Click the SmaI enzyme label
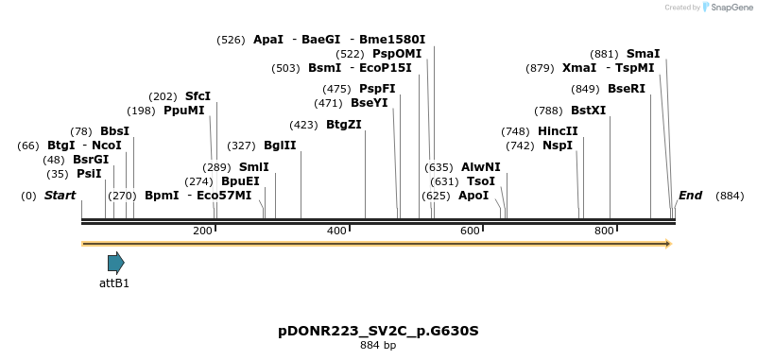(x=643, y=54)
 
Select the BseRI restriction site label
(x=626, y=89)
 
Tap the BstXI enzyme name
(x=588, y=111)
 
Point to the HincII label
(x=558, y=131)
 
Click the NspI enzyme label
(x=558, y=146)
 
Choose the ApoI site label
(x=473, y=196)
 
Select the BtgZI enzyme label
(x=343, y=125)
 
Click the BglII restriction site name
(x=280, y=146)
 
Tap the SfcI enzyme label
(x=198, y=96)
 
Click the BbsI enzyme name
(x=114, y=131)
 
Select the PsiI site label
(x=89, y=174)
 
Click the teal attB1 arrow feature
(x=115, y=263)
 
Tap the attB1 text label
(x=114, y=283)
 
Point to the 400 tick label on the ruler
(x=336, y=231)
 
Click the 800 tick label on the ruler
(x=604, y=231)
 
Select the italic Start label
(x=60, y=196)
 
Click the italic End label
(x=690, y=196)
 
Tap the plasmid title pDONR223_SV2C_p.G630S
(x=378, y=331)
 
